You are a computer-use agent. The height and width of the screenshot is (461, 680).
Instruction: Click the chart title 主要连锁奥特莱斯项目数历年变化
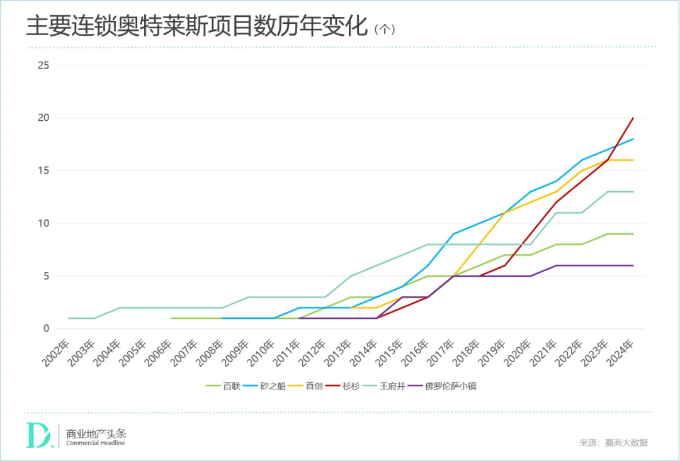coord(196,28)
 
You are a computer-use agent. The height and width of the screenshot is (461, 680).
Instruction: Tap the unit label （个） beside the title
coord(384,30)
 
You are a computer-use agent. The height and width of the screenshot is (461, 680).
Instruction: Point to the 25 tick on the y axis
coord(43,65)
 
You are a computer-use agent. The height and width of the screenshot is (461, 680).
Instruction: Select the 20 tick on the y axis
coord(43,118)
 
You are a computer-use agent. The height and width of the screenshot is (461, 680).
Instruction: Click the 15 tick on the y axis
coord(43,170)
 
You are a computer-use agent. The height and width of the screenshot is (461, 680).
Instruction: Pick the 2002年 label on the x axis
coord(57,355)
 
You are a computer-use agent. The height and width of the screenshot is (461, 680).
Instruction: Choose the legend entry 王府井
coord(387,386)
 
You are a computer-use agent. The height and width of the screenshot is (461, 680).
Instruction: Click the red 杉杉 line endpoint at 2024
coord(633,118)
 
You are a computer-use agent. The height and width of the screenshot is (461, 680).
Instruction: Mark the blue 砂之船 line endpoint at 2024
coord(633,139)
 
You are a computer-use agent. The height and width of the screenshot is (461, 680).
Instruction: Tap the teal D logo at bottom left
coord(38,435)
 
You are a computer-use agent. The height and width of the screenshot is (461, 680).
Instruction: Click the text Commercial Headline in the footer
coord(96,443)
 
